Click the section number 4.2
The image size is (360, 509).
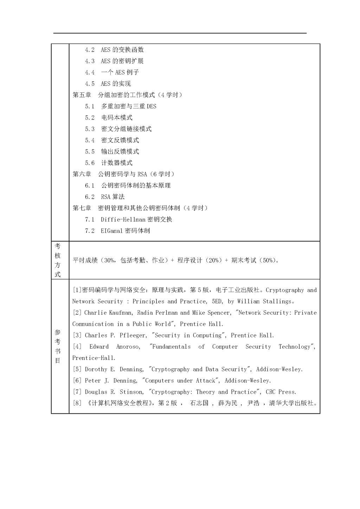click(x=90, y=50)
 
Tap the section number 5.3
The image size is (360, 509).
click(x=90, y=129)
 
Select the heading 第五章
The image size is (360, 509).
click(x=82, y=95)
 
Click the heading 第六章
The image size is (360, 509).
click(x=82, y=174)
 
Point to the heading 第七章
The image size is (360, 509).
click(x=82, y=208)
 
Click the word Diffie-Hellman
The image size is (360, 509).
click(x=123, y=220)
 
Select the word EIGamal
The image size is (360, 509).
click(x=112, y=231)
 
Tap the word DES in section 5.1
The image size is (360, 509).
click(x=152, y=107)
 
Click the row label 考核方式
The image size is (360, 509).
click(x=58, y=260)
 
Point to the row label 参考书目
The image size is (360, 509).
click(x=58, y=346)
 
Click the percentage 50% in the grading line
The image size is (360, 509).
click(x=268, y=260)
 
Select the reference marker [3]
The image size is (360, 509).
click(x=77, y=335)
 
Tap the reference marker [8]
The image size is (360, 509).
click(x=77, y=403)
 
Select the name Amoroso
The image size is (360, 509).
click(x=128, y=347)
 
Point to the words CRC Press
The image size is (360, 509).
click(x=281, y=392)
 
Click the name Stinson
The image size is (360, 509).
click(x=131, y=392)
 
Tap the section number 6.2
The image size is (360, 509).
click(x=90, y=197)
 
